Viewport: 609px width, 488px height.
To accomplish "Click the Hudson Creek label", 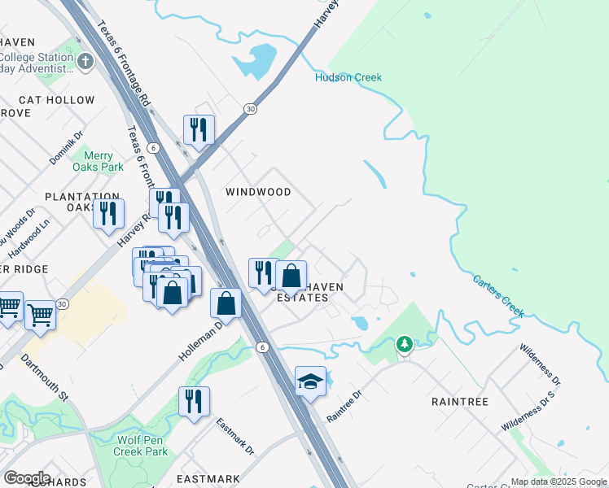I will point(348,77).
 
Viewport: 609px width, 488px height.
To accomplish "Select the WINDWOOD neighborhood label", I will point(258,192).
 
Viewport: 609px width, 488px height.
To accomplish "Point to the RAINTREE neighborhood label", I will point(460,402).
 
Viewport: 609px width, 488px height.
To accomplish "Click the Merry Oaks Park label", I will point(103,161).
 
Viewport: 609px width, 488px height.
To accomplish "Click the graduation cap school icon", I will point(310,382).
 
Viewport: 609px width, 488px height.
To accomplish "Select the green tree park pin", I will point(405,345).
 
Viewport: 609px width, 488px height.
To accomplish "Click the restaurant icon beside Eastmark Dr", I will point(194,402).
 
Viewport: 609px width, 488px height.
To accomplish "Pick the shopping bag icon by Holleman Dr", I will point(226,303).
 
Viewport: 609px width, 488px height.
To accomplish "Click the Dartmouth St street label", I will point(45,376).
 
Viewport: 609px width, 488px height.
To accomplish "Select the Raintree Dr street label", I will point(344,404).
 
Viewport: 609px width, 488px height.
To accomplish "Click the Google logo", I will point(28,477).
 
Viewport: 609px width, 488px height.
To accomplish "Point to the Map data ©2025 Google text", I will point(559,481).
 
